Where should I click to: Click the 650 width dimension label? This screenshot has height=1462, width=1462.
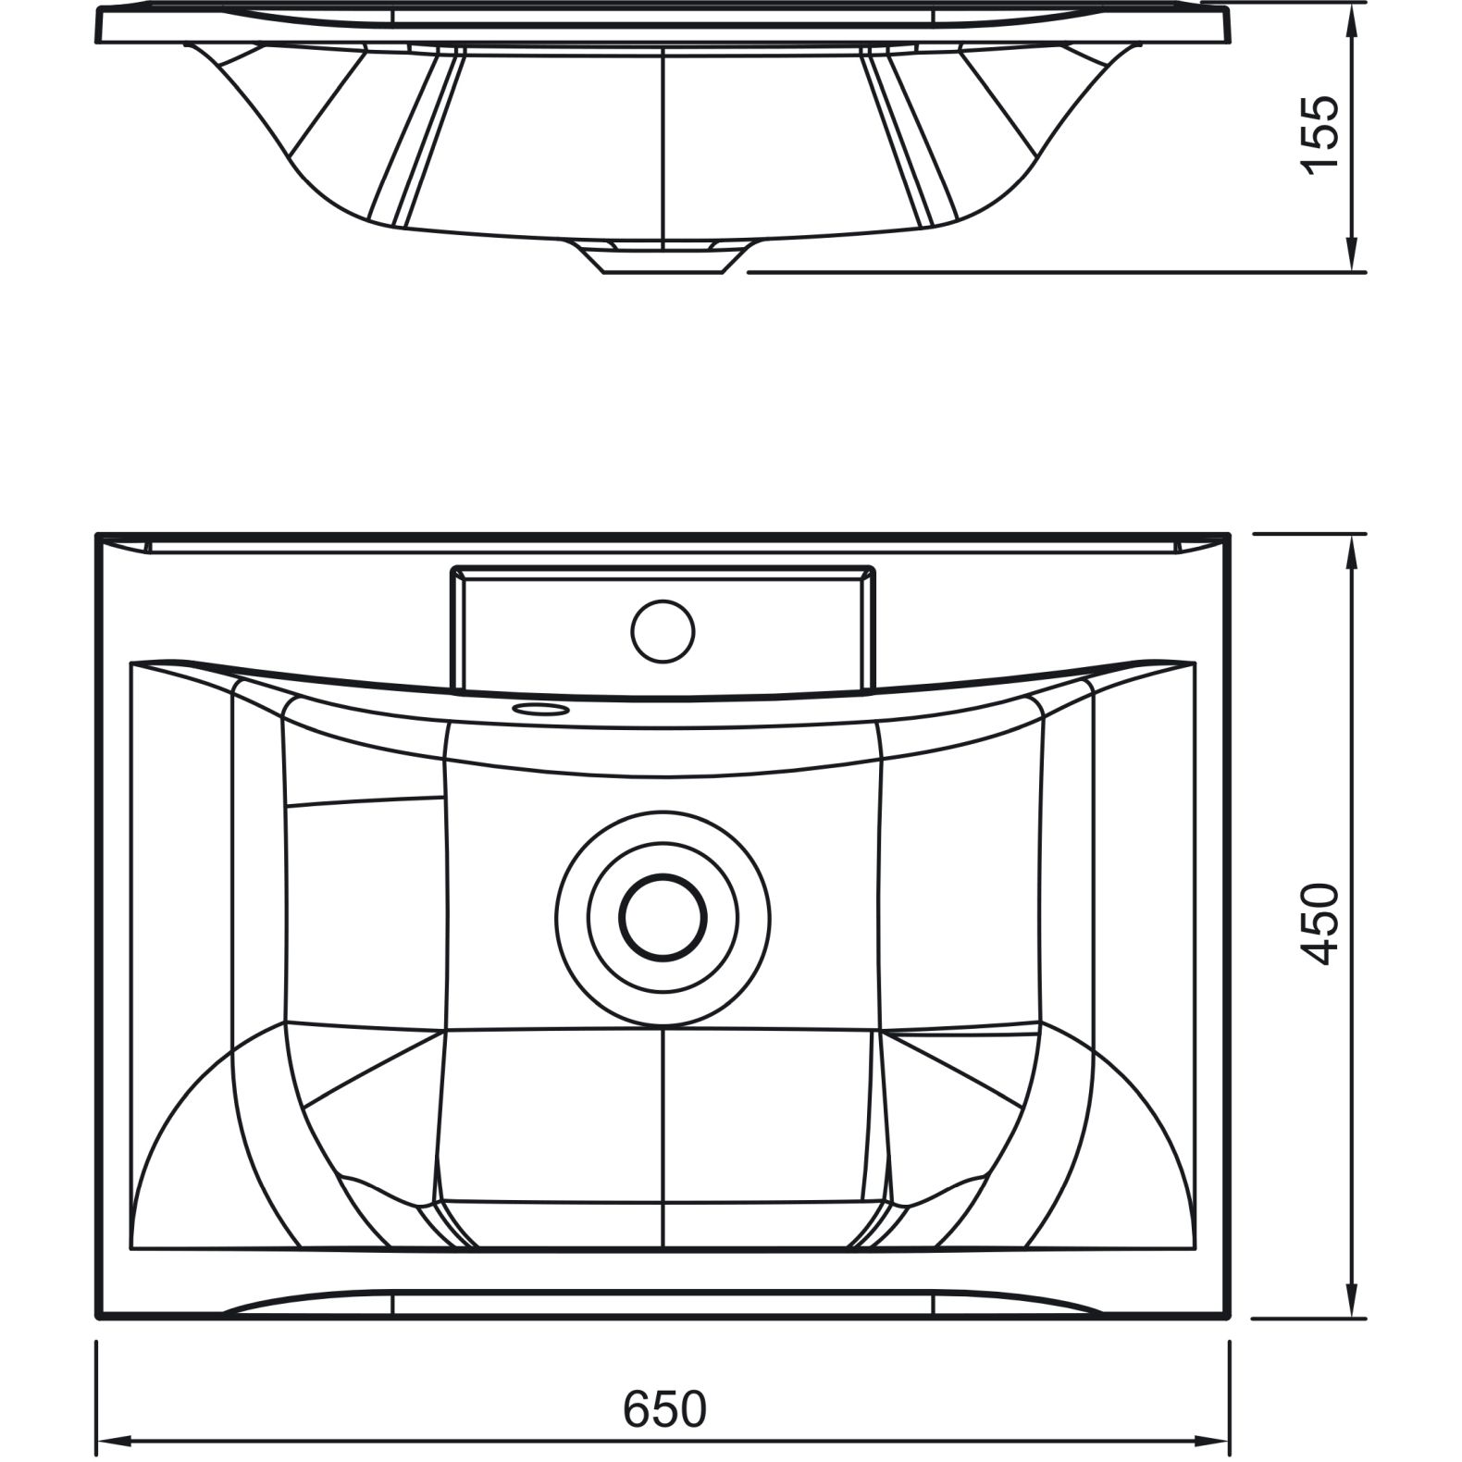click(x=664, y=1409)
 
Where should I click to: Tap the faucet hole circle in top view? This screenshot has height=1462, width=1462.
click(x=663, y=631)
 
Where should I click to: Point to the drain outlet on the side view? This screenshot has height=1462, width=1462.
click(x=663, y=258)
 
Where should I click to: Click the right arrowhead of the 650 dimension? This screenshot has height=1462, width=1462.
click(x=1213, y=1442)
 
